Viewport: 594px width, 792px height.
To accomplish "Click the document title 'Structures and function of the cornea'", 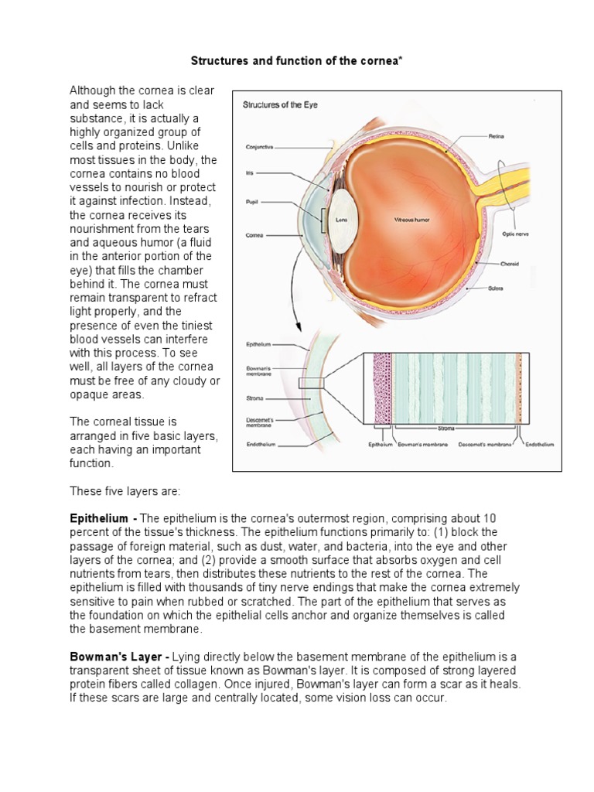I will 296,60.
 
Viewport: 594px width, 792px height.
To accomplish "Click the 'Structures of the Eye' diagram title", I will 280,104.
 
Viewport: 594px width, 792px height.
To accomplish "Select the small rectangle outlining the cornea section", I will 312,383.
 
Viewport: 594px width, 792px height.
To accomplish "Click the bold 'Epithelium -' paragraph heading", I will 104,517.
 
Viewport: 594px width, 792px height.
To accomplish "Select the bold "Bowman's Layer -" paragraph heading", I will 117,656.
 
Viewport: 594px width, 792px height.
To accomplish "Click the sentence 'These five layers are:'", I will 125,491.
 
